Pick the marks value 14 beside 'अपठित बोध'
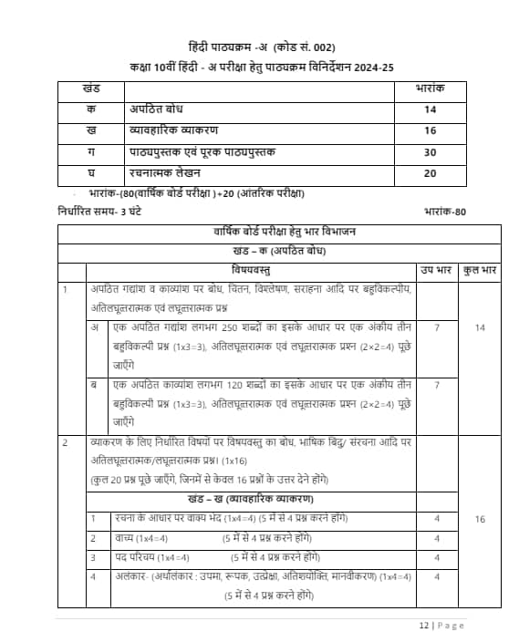coord(430,110)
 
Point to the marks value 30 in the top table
coord(430,151)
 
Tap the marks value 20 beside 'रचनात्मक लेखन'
coord(430,171)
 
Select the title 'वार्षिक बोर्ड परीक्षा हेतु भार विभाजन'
coord(280,233)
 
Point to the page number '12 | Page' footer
coord(442,625)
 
